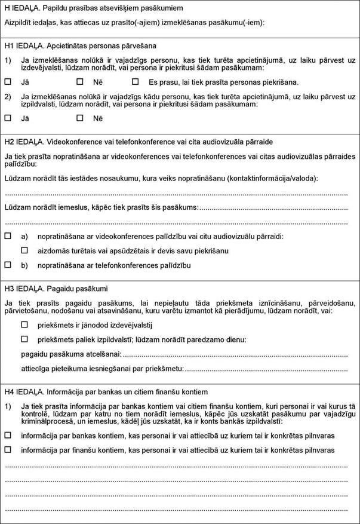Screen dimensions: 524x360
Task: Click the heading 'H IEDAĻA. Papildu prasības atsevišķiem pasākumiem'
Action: [93, 8]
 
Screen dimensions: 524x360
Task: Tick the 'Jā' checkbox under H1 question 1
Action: [8, 81]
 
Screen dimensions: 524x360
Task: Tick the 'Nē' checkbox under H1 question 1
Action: [79, 81]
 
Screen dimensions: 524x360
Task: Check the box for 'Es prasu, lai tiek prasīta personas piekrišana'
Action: [135, 81]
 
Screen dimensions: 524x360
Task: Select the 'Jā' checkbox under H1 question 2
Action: [8, 118]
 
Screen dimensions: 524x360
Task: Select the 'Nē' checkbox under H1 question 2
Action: [79, 118]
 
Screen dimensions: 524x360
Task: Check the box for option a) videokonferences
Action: [8, 236]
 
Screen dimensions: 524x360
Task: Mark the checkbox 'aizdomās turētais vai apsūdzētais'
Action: [24, 250]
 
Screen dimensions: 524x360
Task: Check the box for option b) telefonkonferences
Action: [8, 264]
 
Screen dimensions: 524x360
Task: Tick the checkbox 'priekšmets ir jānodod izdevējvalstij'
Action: [24, 324]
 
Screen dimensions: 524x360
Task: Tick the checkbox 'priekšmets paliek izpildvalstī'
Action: [24, 339]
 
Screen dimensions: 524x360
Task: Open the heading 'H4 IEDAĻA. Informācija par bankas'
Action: [106, 392]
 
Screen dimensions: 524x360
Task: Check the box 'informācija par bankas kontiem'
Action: [8, 435]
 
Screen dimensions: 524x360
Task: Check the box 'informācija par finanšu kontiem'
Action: [8, 449]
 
